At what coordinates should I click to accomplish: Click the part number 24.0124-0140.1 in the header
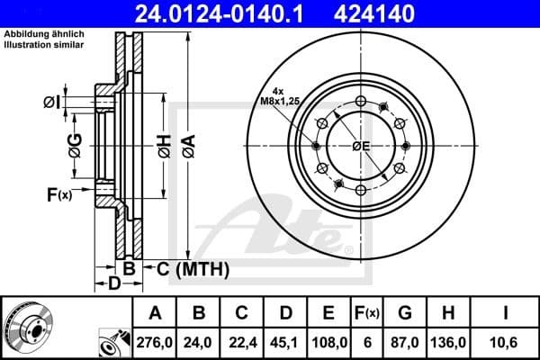(222, 14)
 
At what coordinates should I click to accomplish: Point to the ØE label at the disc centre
(361, 146)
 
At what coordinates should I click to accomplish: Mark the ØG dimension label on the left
(75, 141)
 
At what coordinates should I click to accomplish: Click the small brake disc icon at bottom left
(28, 327)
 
